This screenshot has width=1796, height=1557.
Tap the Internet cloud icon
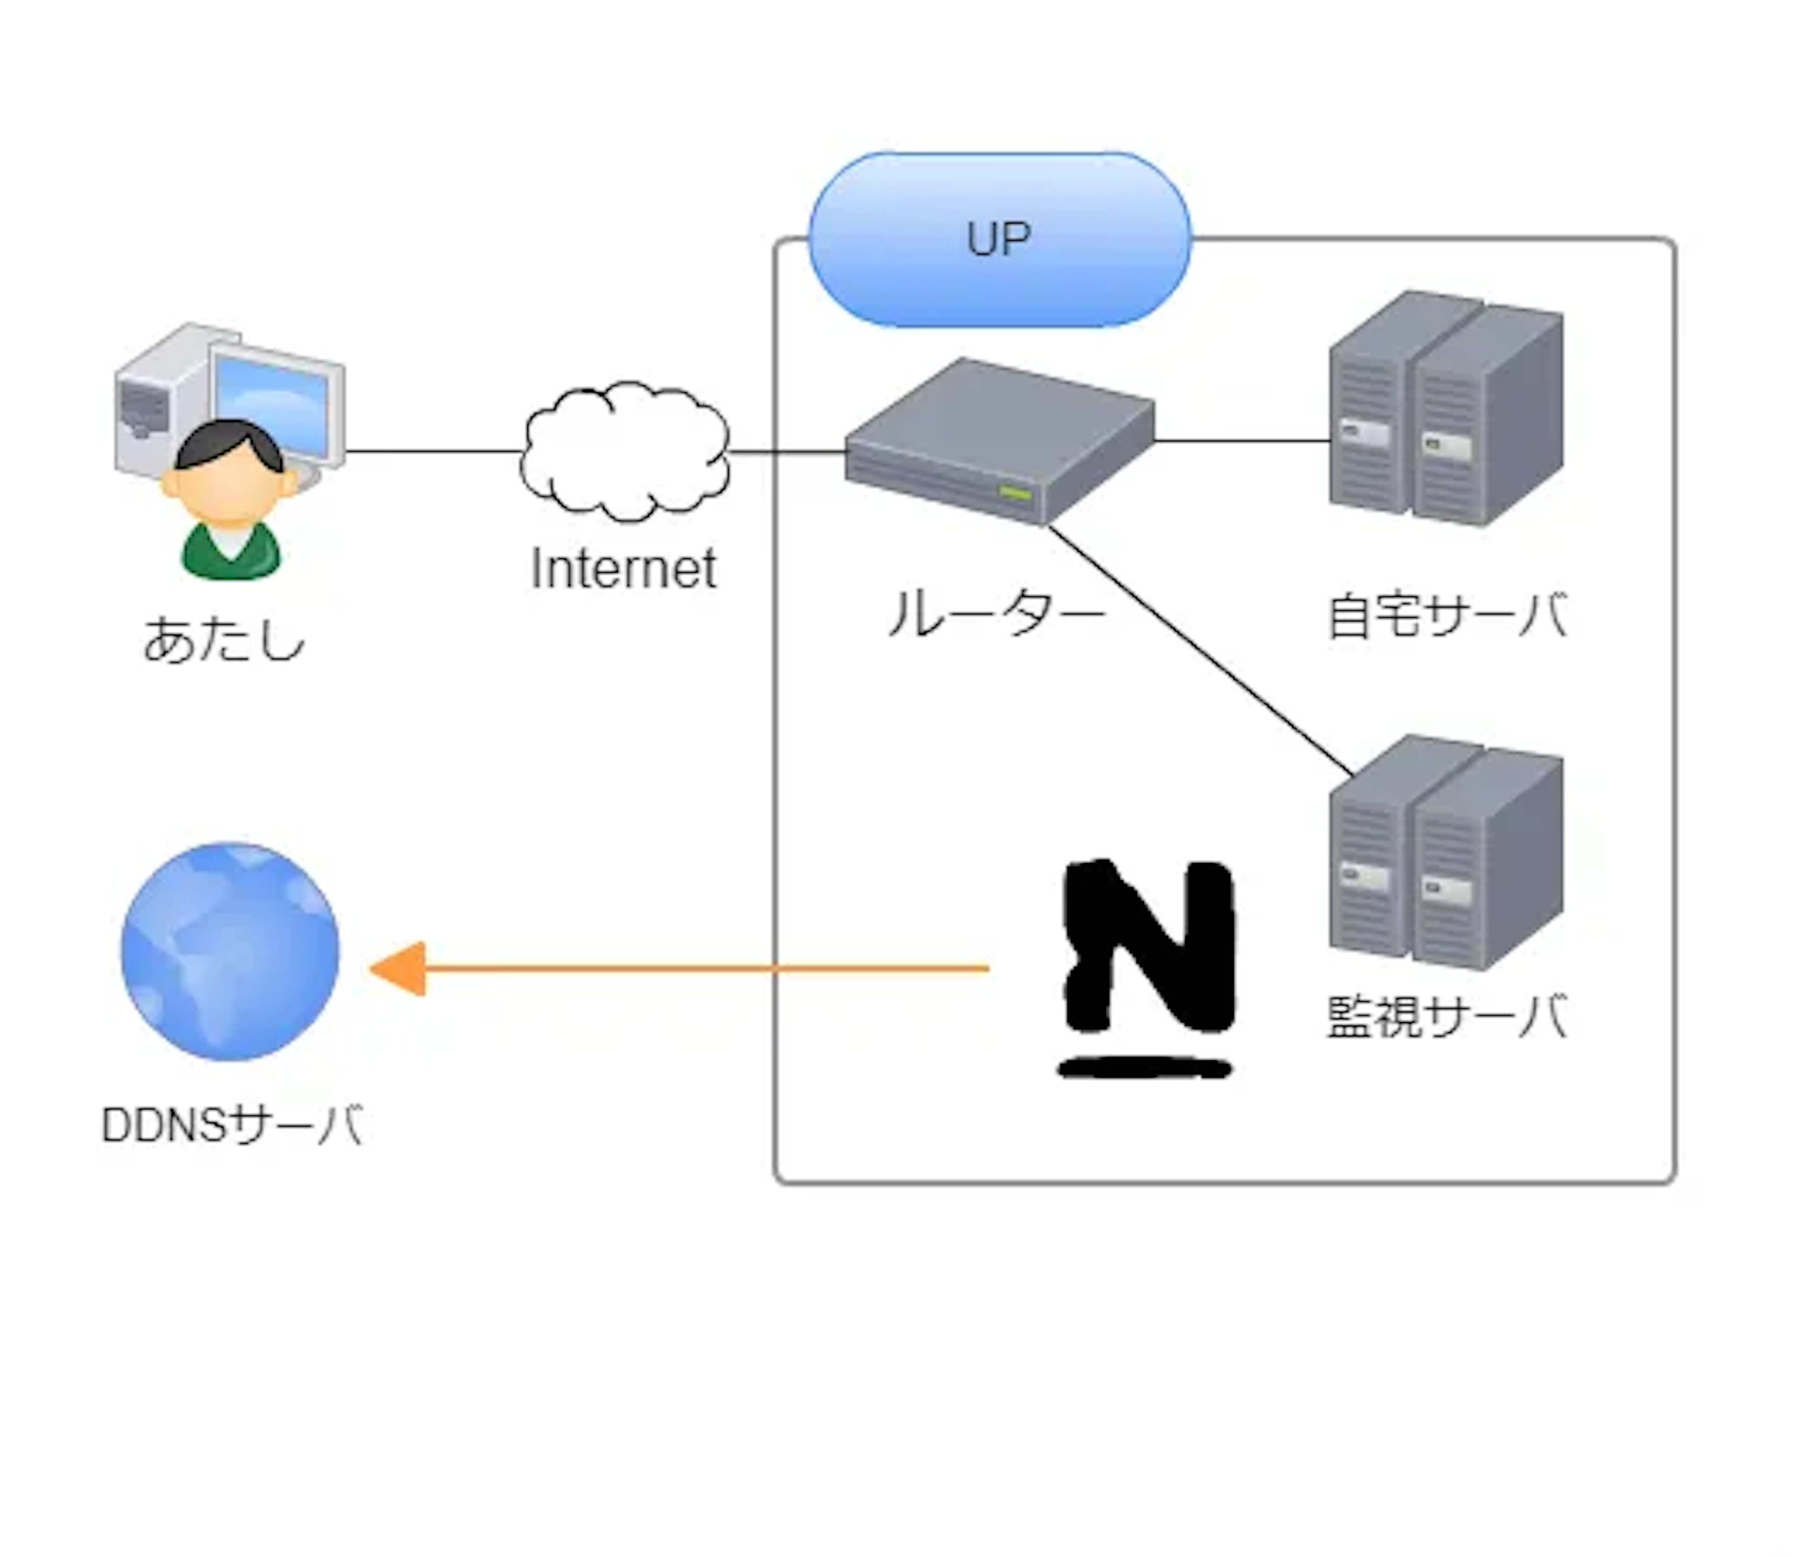pyautogui.click(x=625, y=452)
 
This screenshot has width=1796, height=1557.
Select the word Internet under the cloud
pyautogui.click(x=623, y=569)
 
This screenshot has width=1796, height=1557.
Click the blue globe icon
pyautogui.click(x=230, y=951)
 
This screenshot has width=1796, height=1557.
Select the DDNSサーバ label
pyautogui.click(x=232, y=1125)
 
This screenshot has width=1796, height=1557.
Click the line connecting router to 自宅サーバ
pyautogui.click(x=1243, y=442)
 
